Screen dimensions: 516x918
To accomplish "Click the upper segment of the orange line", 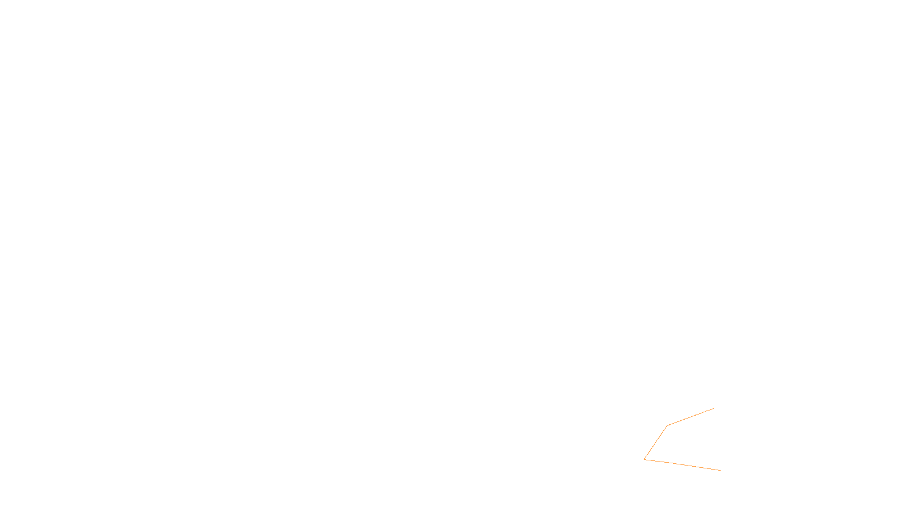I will pyautogui.click(x=690, y=417).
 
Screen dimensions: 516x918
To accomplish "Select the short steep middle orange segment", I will pyautogui.click(x=655, y=443).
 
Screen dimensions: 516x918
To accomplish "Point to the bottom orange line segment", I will pyautogui.click(x=682, y=464).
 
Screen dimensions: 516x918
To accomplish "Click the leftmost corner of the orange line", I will pyautogui.click(x=644, y=459).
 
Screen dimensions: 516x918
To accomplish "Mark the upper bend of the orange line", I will pyautogui.click(x=667, y=426).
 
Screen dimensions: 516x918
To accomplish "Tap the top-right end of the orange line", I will pyautogui.click(x=713, y=409).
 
